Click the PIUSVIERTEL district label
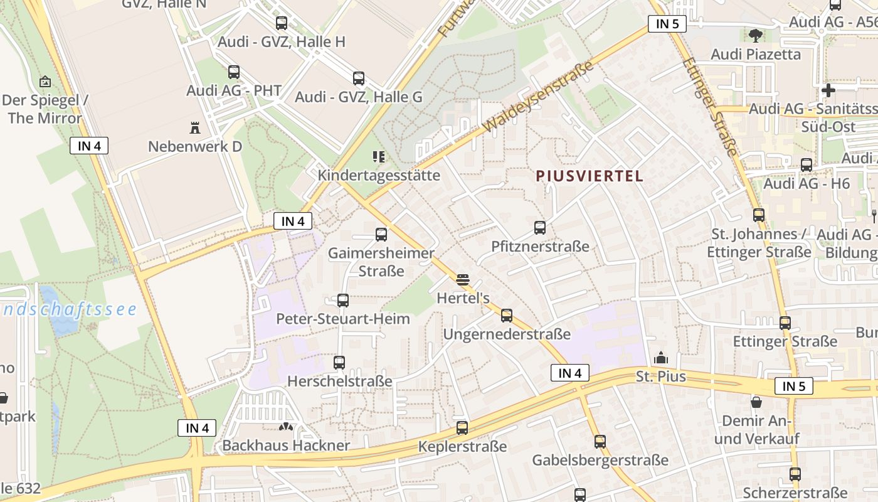coord(590,176)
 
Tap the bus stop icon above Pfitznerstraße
coord(540,228)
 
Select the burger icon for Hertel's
coord(463,279)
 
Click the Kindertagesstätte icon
coord(378,156)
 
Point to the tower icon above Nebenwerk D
coord(194,128)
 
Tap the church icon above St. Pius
coord(660,358)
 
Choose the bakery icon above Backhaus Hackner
coord(286,427)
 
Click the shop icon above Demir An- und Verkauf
coord(757,402)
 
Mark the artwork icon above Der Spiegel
coord(45,82)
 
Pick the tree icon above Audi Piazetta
coord(754,35)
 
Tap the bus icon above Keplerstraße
coord(462,428)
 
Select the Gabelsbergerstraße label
coord(600,460)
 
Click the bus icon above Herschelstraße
coord(339,362)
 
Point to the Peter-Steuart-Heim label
coord(343,319)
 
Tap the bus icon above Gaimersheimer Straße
coord(381,235)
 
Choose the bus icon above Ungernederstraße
coord(507,316)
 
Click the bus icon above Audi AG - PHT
coord(234,72)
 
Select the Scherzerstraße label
coord(795,492)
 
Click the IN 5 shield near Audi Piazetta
coord(667,24)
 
